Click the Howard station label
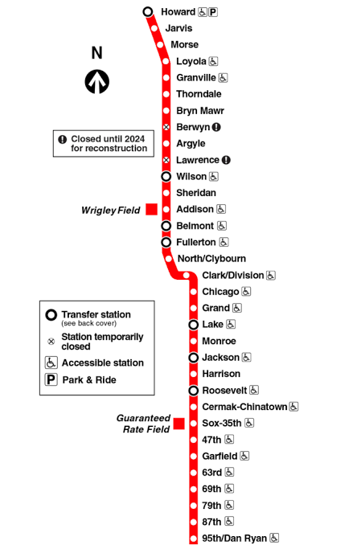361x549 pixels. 178,12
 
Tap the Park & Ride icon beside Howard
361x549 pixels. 213,12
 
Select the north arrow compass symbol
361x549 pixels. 97,82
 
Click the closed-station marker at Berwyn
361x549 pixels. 166,127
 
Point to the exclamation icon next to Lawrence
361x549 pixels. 226,160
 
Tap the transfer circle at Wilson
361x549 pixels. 166,177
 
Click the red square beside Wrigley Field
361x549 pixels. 151,209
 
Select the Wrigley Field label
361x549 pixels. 111,210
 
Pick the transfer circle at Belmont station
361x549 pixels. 166,226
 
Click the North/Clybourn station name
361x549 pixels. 211,259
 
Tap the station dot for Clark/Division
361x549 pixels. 187,276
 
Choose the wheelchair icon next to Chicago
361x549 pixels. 246,291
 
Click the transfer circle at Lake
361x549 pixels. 194,325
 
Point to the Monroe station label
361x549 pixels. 219,341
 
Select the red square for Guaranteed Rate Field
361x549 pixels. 179,424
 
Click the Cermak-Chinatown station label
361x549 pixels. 244,407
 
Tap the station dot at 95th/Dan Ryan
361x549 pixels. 194,539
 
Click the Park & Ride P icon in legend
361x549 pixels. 51,379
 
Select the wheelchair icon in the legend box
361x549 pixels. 51,363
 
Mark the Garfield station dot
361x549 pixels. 194,457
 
